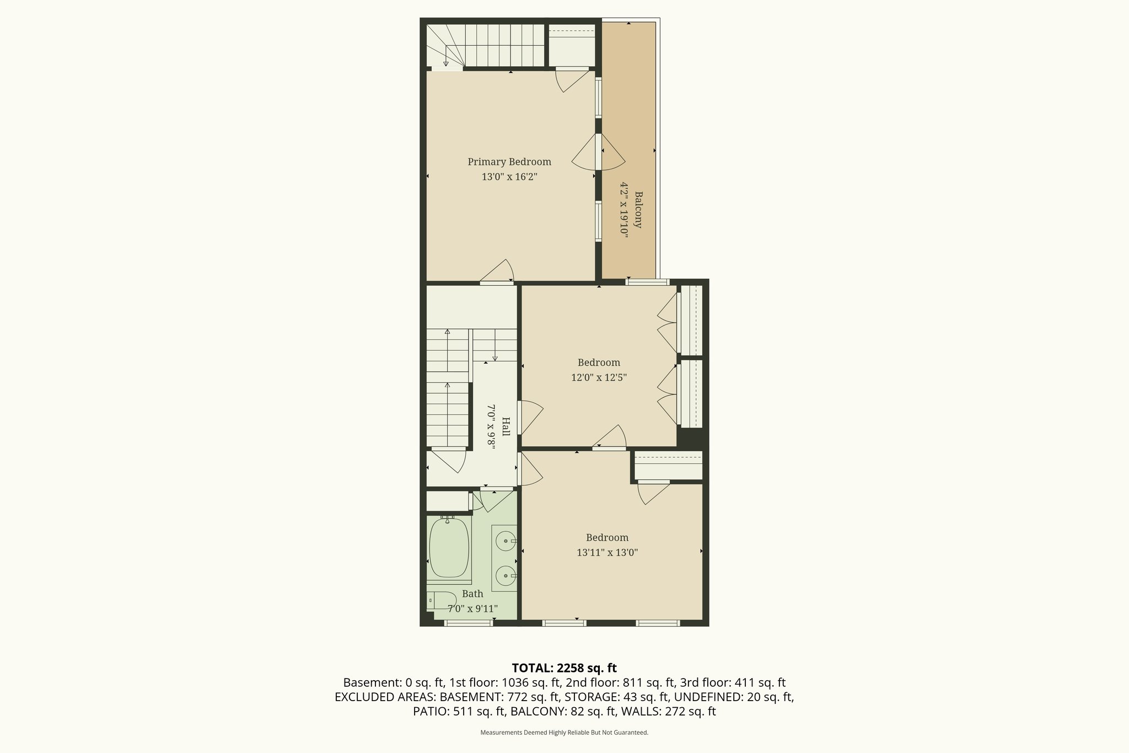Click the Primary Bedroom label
tap(509, 162)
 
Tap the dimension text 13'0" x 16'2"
tap(509, 177)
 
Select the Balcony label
tap(638, 210)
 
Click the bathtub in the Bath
tap(449, 548)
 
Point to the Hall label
tap(506, 426)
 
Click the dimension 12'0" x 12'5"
tap(599, 378)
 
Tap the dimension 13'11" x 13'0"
tap(607, 553)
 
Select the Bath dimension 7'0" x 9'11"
tap(472, 609)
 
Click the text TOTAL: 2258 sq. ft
tap(564, 668)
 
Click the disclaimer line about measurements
tap(564, 733)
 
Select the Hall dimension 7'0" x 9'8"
tap(491, 426)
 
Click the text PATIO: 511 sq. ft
tap(459, 712)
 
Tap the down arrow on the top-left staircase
tap(445, 56)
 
